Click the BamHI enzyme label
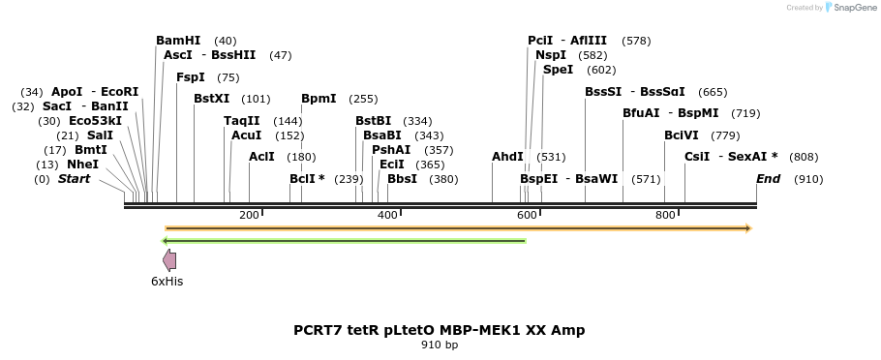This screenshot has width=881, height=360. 178,41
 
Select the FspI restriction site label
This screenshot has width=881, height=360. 191,77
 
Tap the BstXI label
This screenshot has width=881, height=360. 211,99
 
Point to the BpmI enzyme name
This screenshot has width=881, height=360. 319,99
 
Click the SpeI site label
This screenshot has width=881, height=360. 558,70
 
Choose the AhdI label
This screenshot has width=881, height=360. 507,157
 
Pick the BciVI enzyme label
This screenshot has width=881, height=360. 682,135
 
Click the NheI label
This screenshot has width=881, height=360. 83,165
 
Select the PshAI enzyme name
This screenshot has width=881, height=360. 391,150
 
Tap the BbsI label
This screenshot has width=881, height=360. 402,179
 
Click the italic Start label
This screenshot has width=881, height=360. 74,179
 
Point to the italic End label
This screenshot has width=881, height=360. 768,179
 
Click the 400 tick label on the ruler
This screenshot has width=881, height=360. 387,215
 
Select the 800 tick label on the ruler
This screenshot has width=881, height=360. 665,215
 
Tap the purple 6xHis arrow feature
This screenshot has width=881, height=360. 169,259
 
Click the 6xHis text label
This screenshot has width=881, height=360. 167,282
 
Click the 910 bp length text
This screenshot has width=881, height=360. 440,345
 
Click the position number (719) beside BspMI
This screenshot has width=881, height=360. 745,113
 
